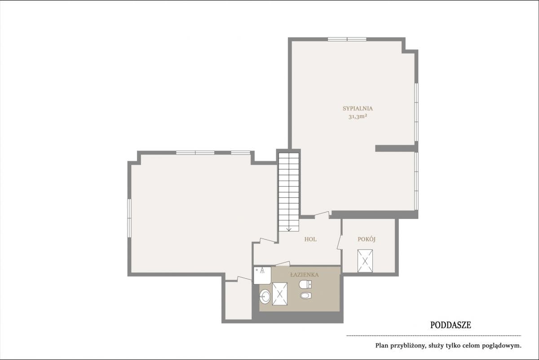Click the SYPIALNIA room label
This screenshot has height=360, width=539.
358,109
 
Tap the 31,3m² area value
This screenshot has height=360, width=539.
358,117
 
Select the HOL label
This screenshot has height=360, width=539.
310,240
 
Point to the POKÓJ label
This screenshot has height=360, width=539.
367,239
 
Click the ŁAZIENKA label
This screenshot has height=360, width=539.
305,275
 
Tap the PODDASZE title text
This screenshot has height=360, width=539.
451,325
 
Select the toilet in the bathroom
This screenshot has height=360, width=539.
305,284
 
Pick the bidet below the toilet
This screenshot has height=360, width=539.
306,295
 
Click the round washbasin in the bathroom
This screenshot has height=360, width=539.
265,297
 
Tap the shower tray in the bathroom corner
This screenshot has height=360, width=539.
262,275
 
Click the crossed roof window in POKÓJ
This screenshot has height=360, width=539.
365,261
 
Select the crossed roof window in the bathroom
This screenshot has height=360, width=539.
279,294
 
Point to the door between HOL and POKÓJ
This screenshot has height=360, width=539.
339,242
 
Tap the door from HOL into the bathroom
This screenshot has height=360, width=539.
283,263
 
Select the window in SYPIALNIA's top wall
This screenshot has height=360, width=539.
347,39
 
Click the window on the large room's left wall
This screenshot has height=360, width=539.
129,218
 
